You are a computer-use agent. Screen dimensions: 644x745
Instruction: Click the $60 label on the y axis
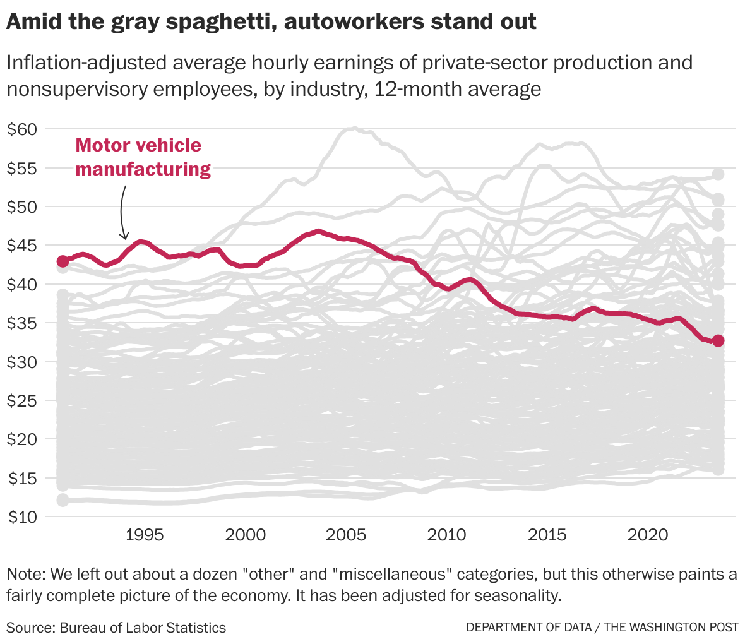click(23, 129)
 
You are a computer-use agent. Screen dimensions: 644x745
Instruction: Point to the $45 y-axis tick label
click(23, 246)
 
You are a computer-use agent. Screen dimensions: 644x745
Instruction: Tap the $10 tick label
click(23, 517)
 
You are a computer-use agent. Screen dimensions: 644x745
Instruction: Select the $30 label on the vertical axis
click(23, 362)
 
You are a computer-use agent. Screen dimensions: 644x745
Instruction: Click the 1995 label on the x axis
click(145, 535)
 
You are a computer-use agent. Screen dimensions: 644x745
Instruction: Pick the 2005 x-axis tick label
click(346, 535)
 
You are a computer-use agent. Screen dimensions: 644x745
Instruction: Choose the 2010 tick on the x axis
click(446, 535)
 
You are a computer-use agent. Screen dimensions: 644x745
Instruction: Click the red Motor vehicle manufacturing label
click(143, 157)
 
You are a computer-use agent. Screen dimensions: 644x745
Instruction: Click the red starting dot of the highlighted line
click(63, 261)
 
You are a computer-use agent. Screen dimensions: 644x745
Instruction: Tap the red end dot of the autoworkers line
click(718, 341)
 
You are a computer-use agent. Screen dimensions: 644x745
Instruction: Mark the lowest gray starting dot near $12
click(63, 500)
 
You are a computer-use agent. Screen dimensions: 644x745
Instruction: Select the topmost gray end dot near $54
click(718, 175)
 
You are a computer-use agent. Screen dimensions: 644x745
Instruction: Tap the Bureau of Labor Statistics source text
click(143, 628)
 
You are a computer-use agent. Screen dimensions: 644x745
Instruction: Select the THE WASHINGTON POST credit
click(671, 628)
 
